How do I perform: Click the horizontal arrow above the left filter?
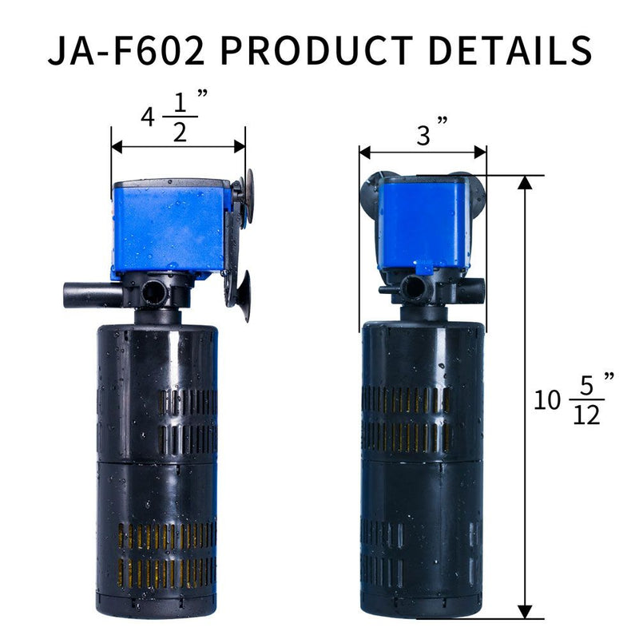(178, 146)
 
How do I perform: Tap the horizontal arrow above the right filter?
(423, 153)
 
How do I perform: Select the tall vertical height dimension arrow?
(525, 395)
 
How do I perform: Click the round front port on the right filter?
(415, 287)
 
